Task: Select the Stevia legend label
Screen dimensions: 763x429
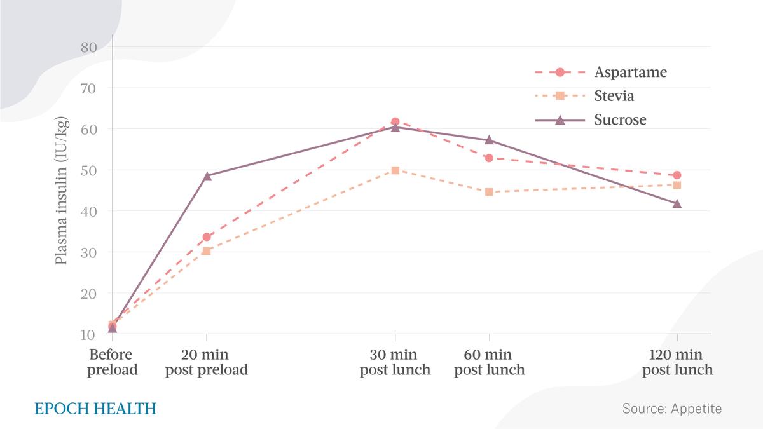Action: pyautogui.click(x=614, y=96)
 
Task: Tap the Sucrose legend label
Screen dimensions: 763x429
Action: pyautogui.click(x=621, y=119)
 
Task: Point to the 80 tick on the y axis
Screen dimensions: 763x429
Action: pyautogui.click(x=89, y=48)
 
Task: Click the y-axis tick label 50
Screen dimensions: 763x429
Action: pyautogui.click(x=89, y=170)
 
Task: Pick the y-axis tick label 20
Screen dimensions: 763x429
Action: pyautogui.click(x=89, y=294)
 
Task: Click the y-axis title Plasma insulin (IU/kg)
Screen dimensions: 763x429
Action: pyautogui.click(x=62, y=190)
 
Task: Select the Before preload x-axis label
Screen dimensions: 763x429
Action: pyautogui.click(x=112, y=362)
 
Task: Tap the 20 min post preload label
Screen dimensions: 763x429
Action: pyautogui.click(x=207, y=362)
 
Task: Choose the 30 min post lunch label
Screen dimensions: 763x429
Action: pyautogui.click(x=395, y=362)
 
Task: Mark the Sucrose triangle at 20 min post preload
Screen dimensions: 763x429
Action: pyautogui.click(x=207, y=176)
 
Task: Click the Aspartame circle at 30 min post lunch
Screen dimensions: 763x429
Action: pyautogui.click(x=395, y=121)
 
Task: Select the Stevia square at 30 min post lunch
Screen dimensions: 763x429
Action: pyautogui.click(x=395, y=170)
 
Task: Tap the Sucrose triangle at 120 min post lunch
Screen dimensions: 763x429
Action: pyautogui.click(x=677, y=203)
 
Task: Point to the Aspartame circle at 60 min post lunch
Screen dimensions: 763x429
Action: pyautogui.click(x=489, y=158)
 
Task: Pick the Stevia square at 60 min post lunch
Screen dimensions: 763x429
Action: pyautogui.click(x=489, y=192)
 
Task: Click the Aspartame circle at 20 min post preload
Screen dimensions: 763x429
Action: pyautogui.click(x=207, y=237)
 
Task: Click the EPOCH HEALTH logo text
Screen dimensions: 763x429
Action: pyautogui.click(x=95, y=409)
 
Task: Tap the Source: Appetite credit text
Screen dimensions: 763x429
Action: pyautogui.click(x=672, y=409)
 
